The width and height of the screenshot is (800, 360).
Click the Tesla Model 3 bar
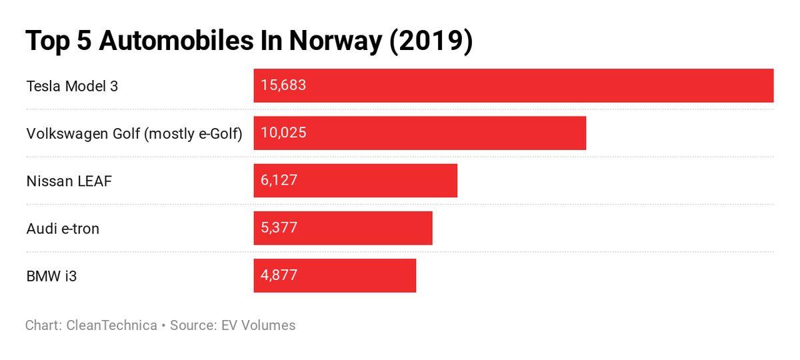(513, 85)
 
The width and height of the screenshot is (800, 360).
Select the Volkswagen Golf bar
(420, 133)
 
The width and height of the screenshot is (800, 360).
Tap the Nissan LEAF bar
(355, 181)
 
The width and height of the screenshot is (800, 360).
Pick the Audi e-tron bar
(343, 228)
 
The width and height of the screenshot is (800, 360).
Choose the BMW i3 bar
(335, 275)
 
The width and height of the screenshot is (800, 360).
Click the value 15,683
(283, 85)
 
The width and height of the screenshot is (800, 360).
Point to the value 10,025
(283, 133)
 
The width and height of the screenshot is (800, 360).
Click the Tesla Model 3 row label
(72, 86)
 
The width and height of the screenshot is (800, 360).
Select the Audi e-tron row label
(63, 229)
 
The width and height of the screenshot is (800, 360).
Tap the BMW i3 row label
(51, 275)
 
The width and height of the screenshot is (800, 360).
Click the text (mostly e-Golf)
(193, 134)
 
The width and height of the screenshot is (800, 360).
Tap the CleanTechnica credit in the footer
(111, 325)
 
